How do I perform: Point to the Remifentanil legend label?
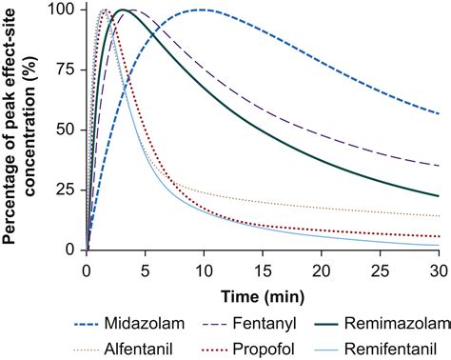(x=395, y=344)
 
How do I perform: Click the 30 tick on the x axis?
(x=439, y=264)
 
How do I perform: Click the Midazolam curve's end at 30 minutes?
(x=439, y=113)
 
